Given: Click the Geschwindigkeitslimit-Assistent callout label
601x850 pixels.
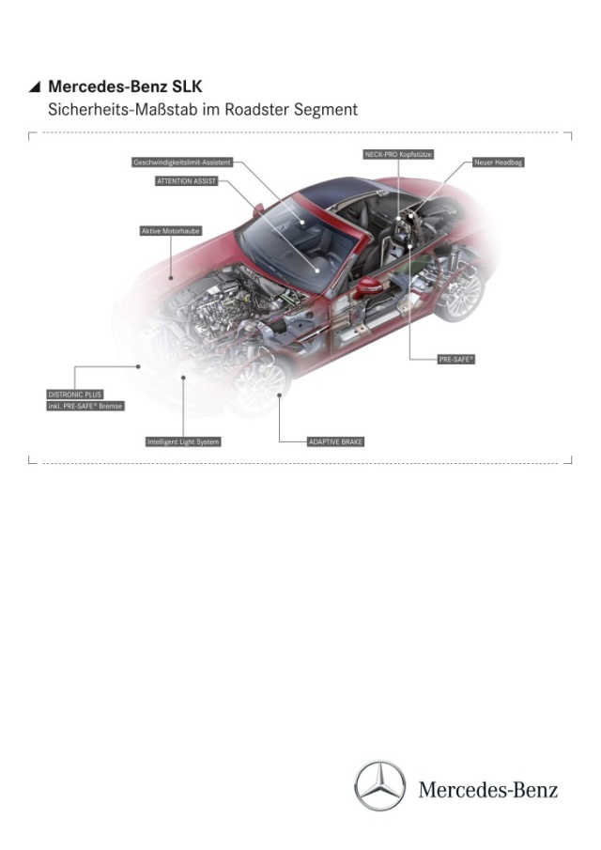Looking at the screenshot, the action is tap(182, 162).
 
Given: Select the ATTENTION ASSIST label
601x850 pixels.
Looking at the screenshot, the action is tap(187, 181).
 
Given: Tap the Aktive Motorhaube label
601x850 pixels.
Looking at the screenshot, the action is tap(171, 231).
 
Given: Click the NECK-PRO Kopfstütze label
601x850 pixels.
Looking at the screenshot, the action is tap(398, 154).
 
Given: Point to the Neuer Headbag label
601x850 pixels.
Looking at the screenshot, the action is tap(498, 162).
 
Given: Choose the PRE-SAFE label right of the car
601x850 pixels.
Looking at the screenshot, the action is tap(456, 360).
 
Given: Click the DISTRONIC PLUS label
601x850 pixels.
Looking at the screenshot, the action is tap(75, 394).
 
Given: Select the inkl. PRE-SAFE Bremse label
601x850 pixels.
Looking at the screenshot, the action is tap(85, 406).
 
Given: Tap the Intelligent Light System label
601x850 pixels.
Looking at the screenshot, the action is tap(183, 441).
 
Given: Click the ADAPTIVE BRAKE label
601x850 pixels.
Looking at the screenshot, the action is tap(335, 441).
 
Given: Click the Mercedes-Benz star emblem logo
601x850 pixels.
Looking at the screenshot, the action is tap(380, 785).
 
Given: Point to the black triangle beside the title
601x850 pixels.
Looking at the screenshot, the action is tap(35, 86).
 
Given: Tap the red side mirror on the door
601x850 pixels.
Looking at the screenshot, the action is tap(369, 286).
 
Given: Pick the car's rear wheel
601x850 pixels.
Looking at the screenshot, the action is tap(461, 294).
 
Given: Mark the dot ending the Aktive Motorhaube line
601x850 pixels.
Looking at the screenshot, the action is tap(171, 278).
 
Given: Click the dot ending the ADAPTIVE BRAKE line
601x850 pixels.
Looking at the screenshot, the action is tap(280, 395).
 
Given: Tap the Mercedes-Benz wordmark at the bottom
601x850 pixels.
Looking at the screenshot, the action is tap(487, 790).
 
